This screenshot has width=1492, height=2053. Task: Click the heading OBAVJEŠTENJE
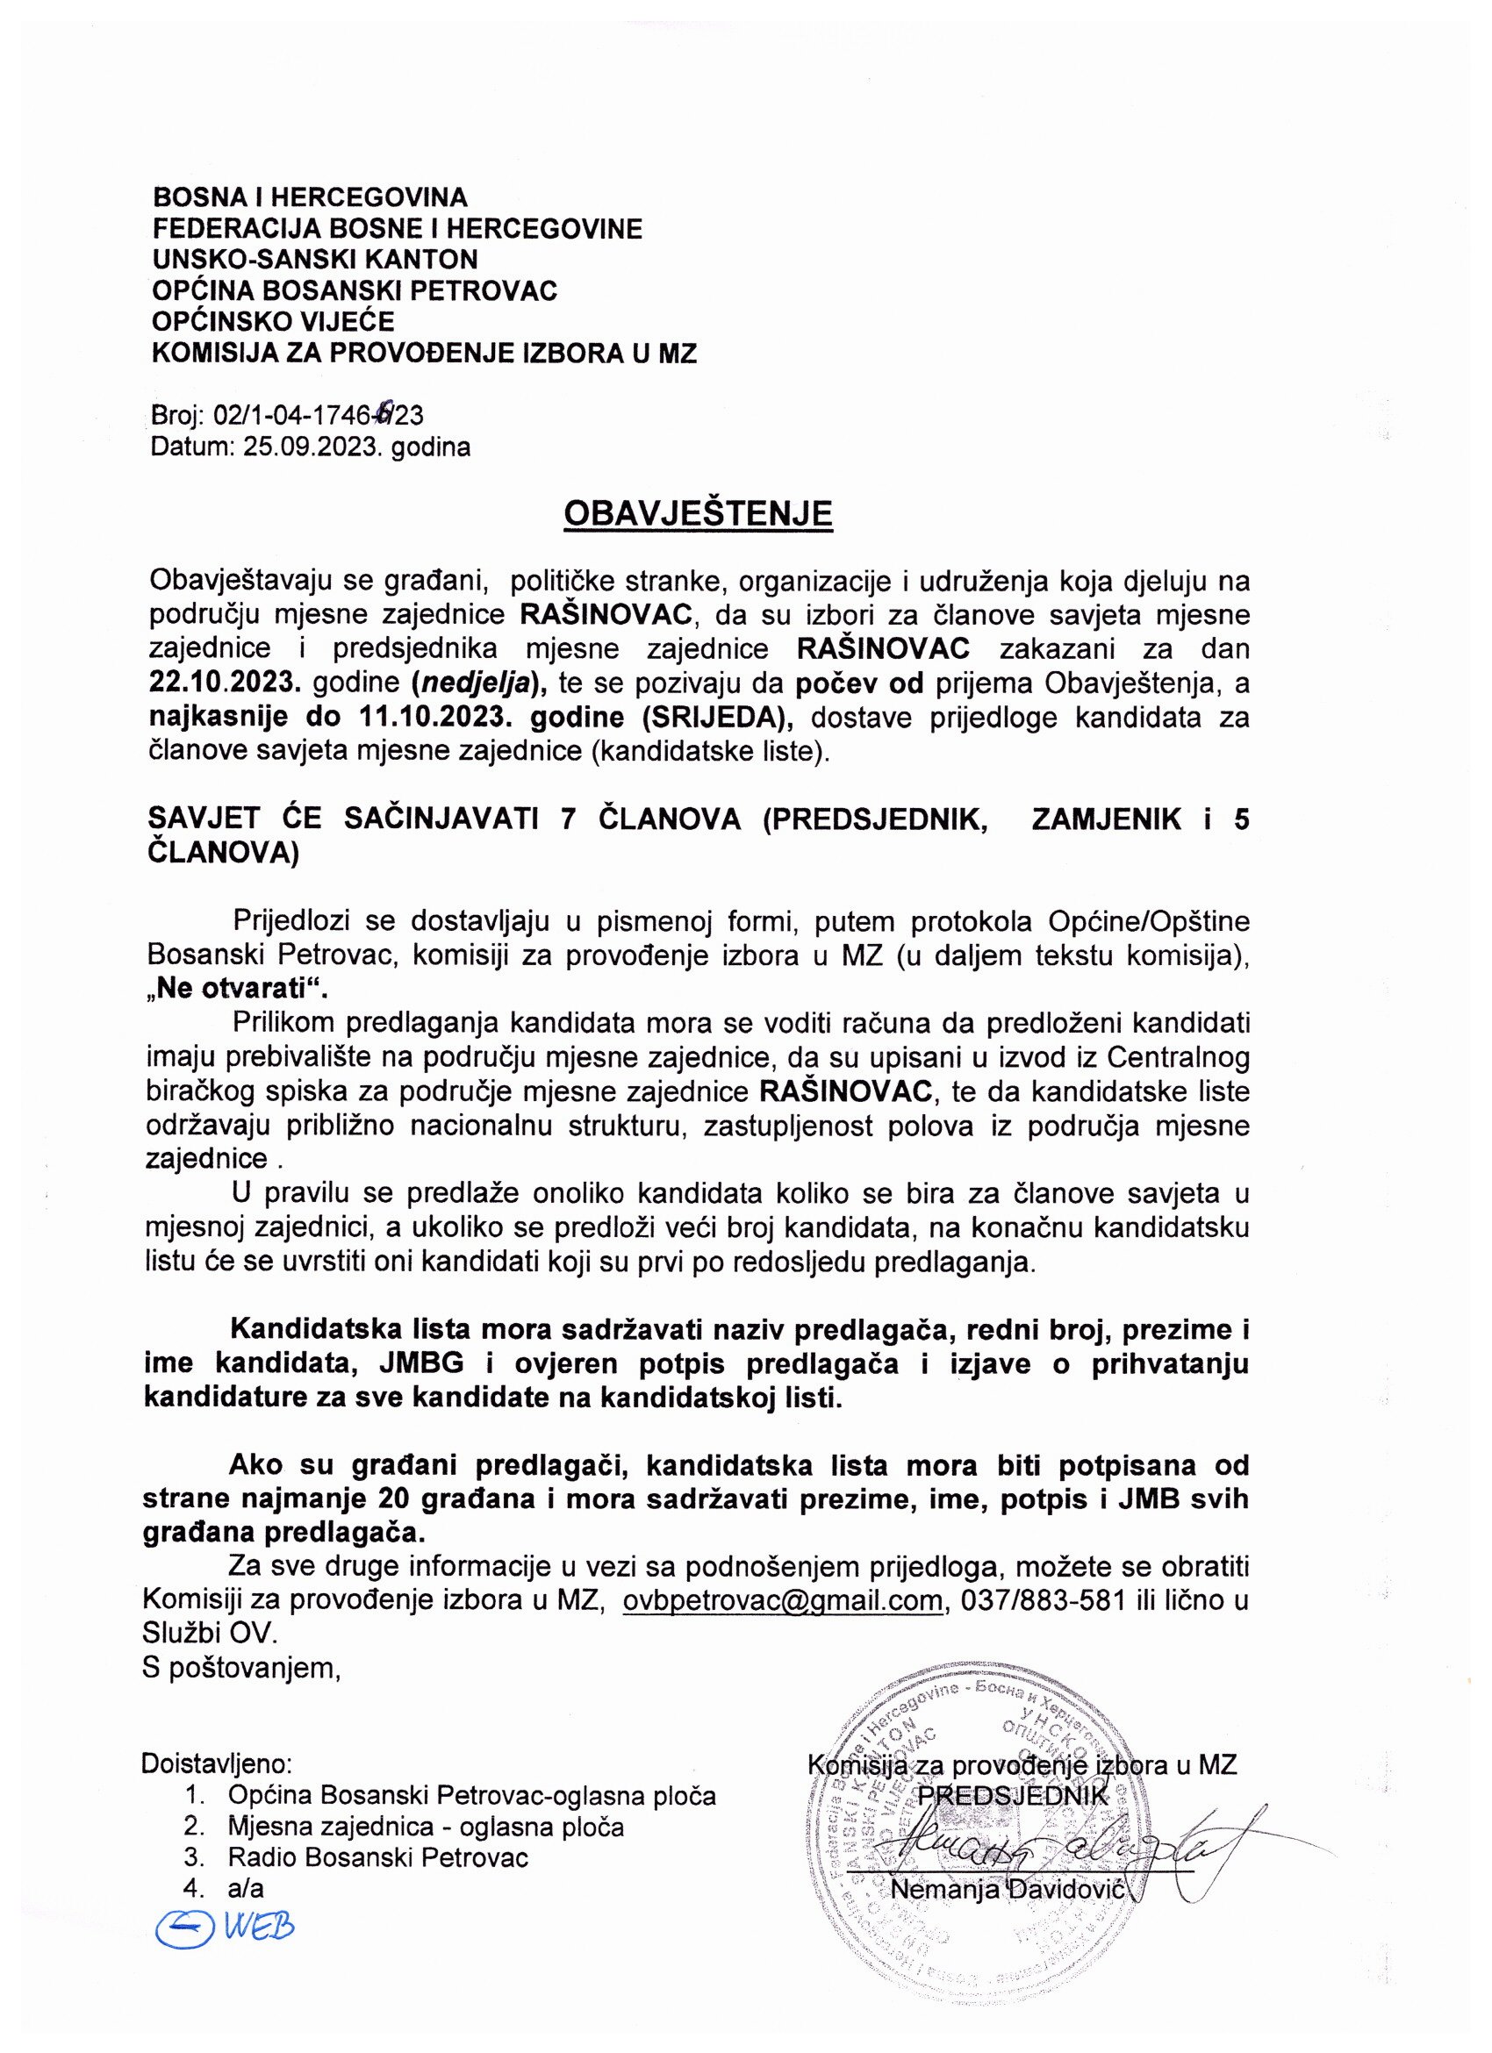tap(697, 514)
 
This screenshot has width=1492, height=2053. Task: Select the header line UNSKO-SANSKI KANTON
tap(315, 259)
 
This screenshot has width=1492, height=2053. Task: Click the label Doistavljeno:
tap(217, 1764)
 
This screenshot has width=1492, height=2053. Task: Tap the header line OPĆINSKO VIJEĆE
tap(275, 321)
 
